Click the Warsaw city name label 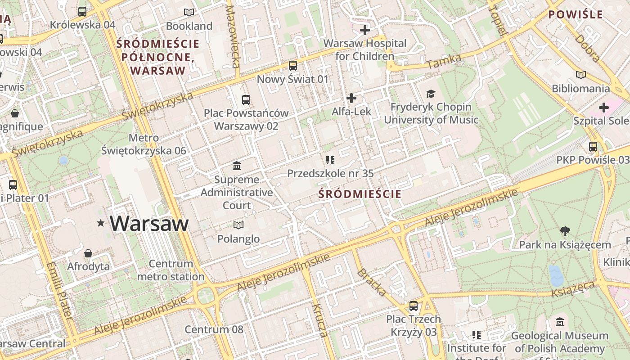(x=149, y=223)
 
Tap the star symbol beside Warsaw (x=101, y=223)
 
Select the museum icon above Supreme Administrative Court (x=237, y=166)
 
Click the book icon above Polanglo (x=238, y=225)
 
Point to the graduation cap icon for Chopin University (x=431, y=94)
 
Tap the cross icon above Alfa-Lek (x=351, y=98)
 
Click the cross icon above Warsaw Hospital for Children (x=365, y=30)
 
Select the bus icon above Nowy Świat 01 (x=293, y=66)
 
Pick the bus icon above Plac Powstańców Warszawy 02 (x=246, y=100)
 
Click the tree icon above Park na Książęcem (x=565, y=231)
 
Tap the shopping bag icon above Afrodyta (x=88, y=253)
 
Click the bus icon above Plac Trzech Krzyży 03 (x=413, y=306)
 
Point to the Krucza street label (x=319, y=320)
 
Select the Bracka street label (x=371, y=283)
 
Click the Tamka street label (x=444, y=61)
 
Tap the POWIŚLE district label (x=575, y=14)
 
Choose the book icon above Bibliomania (x=581, y=75)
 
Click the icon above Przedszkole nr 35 (x=330, y=160)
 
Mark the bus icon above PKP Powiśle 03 (x=593, y=147)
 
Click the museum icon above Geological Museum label (x=560, y=322)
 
